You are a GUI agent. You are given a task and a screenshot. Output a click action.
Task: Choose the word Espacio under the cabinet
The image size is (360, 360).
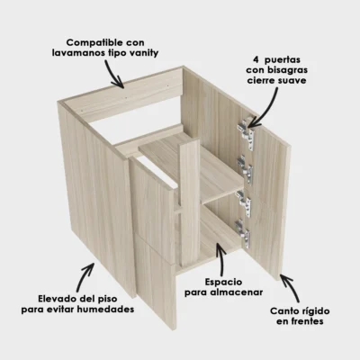(211, 281)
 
